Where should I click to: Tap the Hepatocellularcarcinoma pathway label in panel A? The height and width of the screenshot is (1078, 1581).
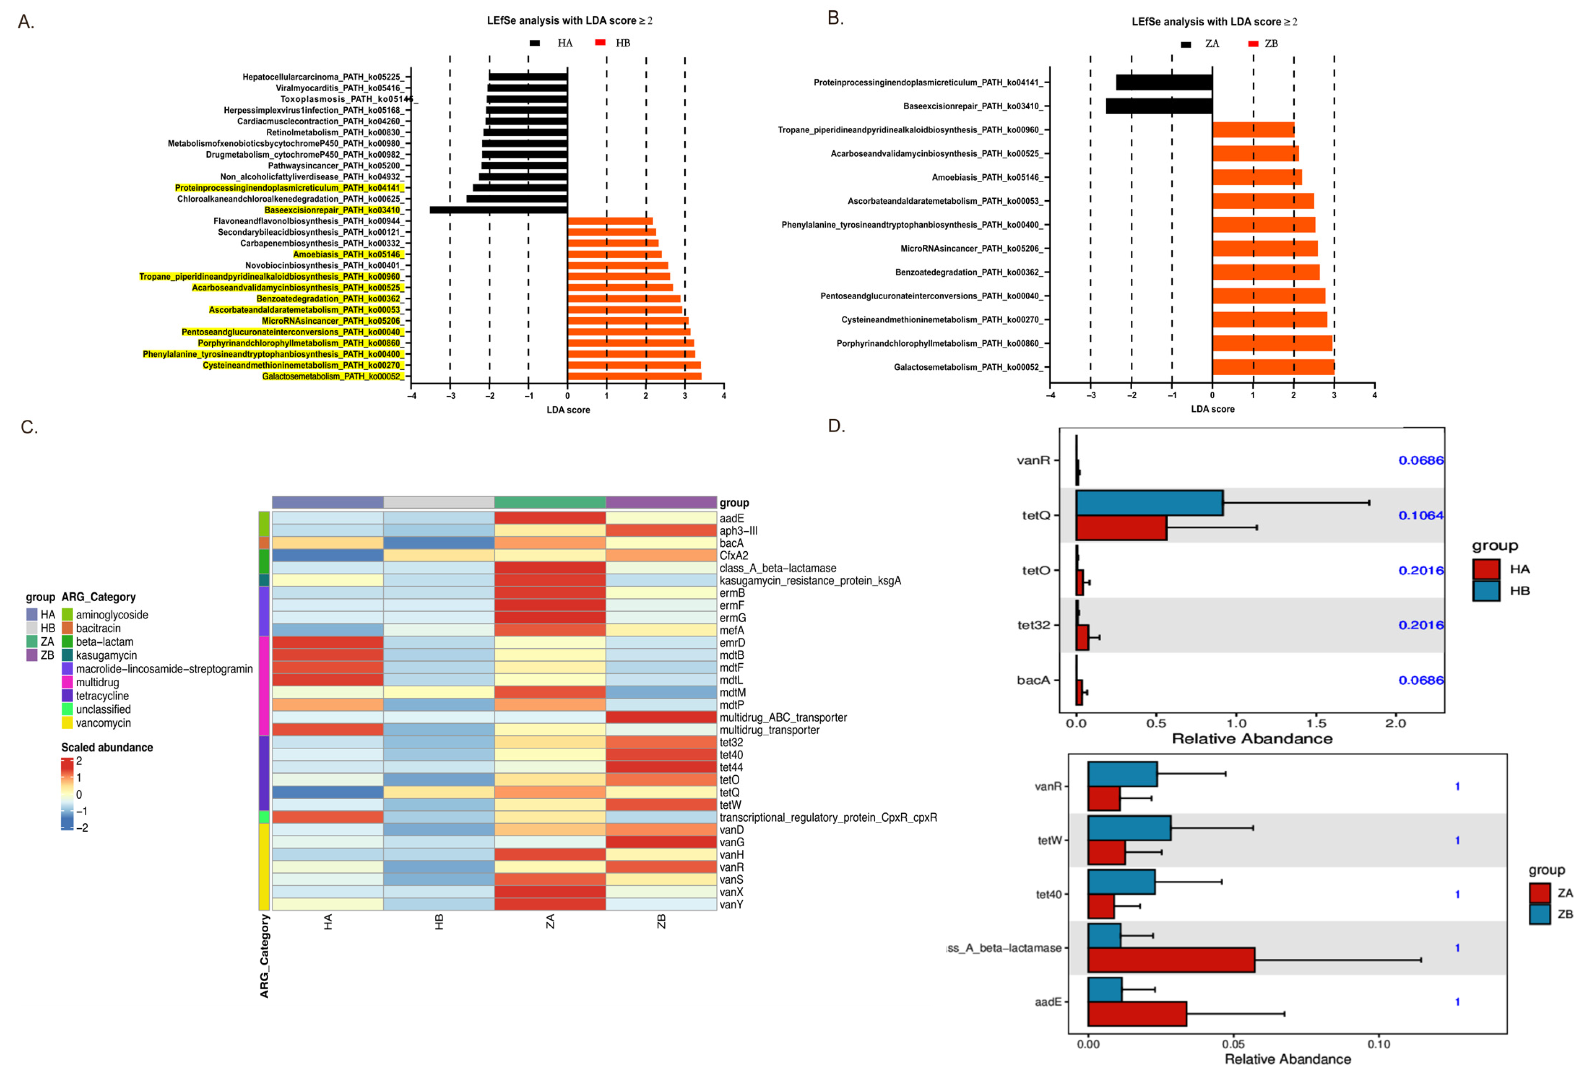322,77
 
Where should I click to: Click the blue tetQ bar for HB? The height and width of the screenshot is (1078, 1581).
1149,503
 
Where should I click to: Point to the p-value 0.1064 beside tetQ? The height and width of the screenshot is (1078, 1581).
1421,516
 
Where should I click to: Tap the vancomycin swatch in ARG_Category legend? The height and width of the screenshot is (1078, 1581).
67,723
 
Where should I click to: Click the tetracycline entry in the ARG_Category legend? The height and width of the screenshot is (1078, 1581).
102,696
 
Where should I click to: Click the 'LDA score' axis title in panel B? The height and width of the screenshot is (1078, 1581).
1212,409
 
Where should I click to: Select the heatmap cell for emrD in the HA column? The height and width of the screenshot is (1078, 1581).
327,643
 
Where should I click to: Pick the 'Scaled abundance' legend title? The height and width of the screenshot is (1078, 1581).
107,747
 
